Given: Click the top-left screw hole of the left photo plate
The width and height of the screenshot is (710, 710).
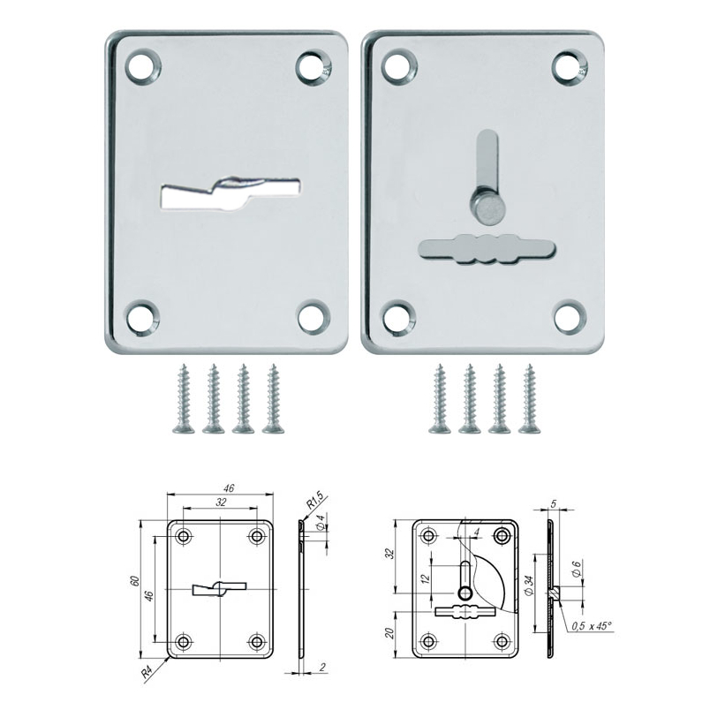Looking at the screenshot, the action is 143,66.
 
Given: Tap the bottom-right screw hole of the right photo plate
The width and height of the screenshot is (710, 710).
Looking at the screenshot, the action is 570,317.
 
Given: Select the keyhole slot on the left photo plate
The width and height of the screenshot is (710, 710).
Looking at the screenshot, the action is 230,193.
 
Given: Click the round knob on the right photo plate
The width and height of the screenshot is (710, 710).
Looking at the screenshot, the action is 487,208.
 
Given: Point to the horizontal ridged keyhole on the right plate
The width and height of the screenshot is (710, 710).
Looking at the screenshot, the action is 487,249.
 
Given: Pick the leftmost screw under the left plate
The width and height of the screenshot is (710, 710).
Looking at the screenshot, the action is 184,398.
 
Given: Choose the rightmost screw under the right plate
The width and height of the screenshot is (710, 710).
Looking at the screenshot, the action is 529,398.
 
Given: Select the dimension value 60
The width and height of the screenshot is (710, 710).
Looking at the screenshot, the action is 134,581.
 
